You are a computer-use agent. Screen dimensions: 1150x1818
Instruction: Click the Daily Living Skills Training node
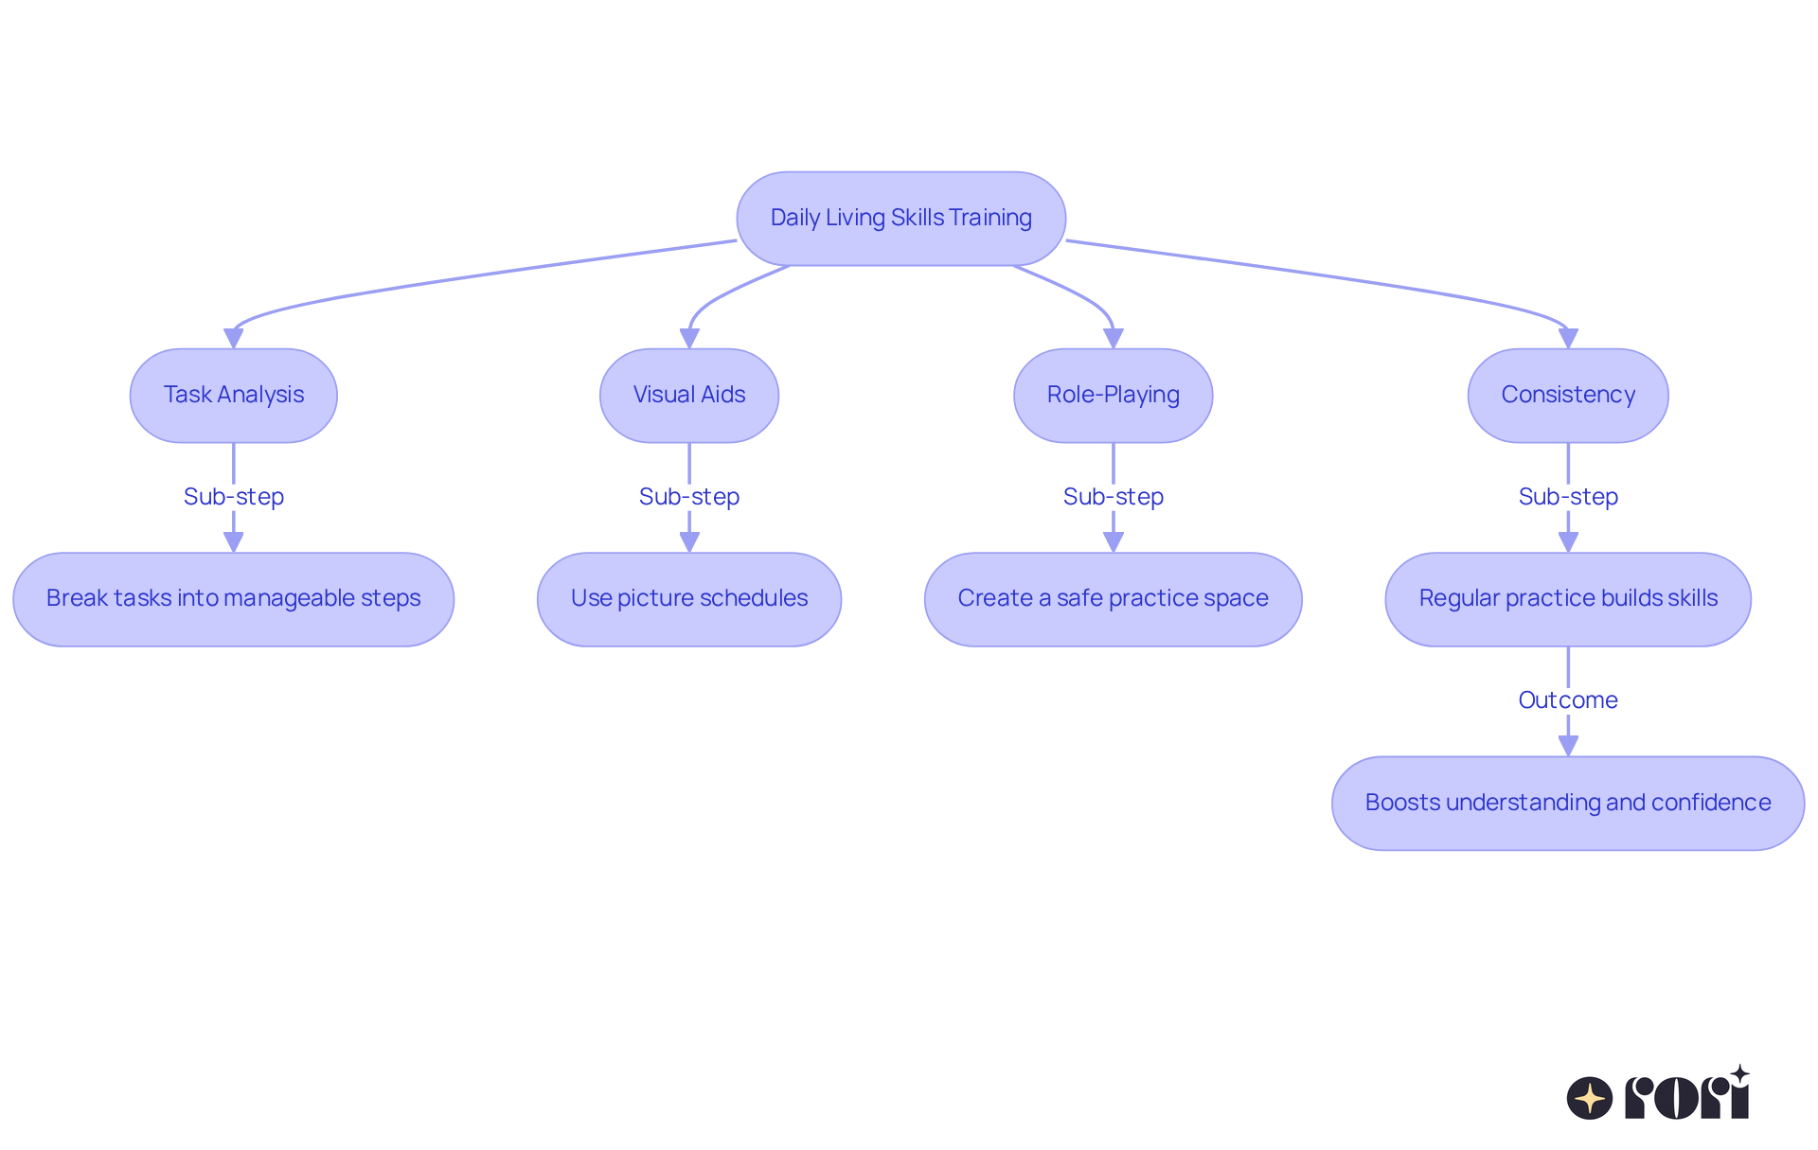tap(900, 219)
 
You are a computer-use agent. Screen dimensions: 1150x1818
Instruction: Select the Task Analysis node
tap(233, 395)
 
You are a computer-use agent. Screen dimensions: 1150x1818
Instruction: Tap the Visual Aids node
tap(688, 395)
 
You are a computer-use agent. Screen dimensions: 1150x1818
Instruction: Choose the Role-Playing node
tap(1113, 395)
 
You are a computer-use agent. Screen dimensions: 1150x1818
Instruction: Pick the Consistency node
tap(1567, 395)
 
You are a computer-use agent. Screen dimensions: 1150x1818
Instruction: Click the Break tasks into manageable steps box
tap(233, 599)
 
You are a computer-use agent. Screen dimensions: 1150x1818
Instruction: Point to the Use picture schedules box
tap(688, 599)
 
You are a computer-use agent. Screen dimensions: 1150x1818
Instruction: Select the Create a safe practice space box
tap(1113, 599)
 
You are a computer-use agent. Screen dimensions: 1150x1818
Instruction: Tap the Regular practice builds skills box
tap(1567, 599)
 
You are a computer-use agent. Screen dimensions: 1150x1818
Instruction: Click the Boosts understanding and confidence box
tap(1567, 803)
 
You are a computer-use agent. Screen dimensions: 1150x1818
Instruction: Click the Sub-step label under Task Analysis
tap(233, 496)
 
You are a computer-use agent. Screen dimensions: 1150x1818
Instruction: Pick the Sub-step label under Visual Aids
tap(688, 496)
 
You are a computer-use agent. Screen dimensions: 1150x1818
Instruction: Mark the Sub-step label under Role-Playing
tap(1113, 496)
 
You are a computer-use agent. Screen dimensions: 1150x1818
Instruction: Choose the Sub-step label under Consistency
tap(1567, 496)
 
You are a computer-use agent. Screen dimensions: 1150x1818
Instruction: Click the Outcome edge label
tap(1567, 699)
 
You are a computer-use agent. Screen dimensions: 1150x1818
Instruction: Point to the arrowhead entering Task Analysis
tap(233, 338)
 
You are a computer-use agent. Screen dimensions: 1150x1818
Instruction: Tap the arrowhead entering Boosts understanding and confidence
tap(1568, 746)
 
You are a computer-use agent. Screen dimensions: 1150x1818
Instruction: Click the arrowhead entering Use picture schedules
tap(689, 542)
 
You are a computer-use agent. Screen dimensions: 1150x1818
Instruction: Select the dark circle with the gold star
tap(1589, 1098)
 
